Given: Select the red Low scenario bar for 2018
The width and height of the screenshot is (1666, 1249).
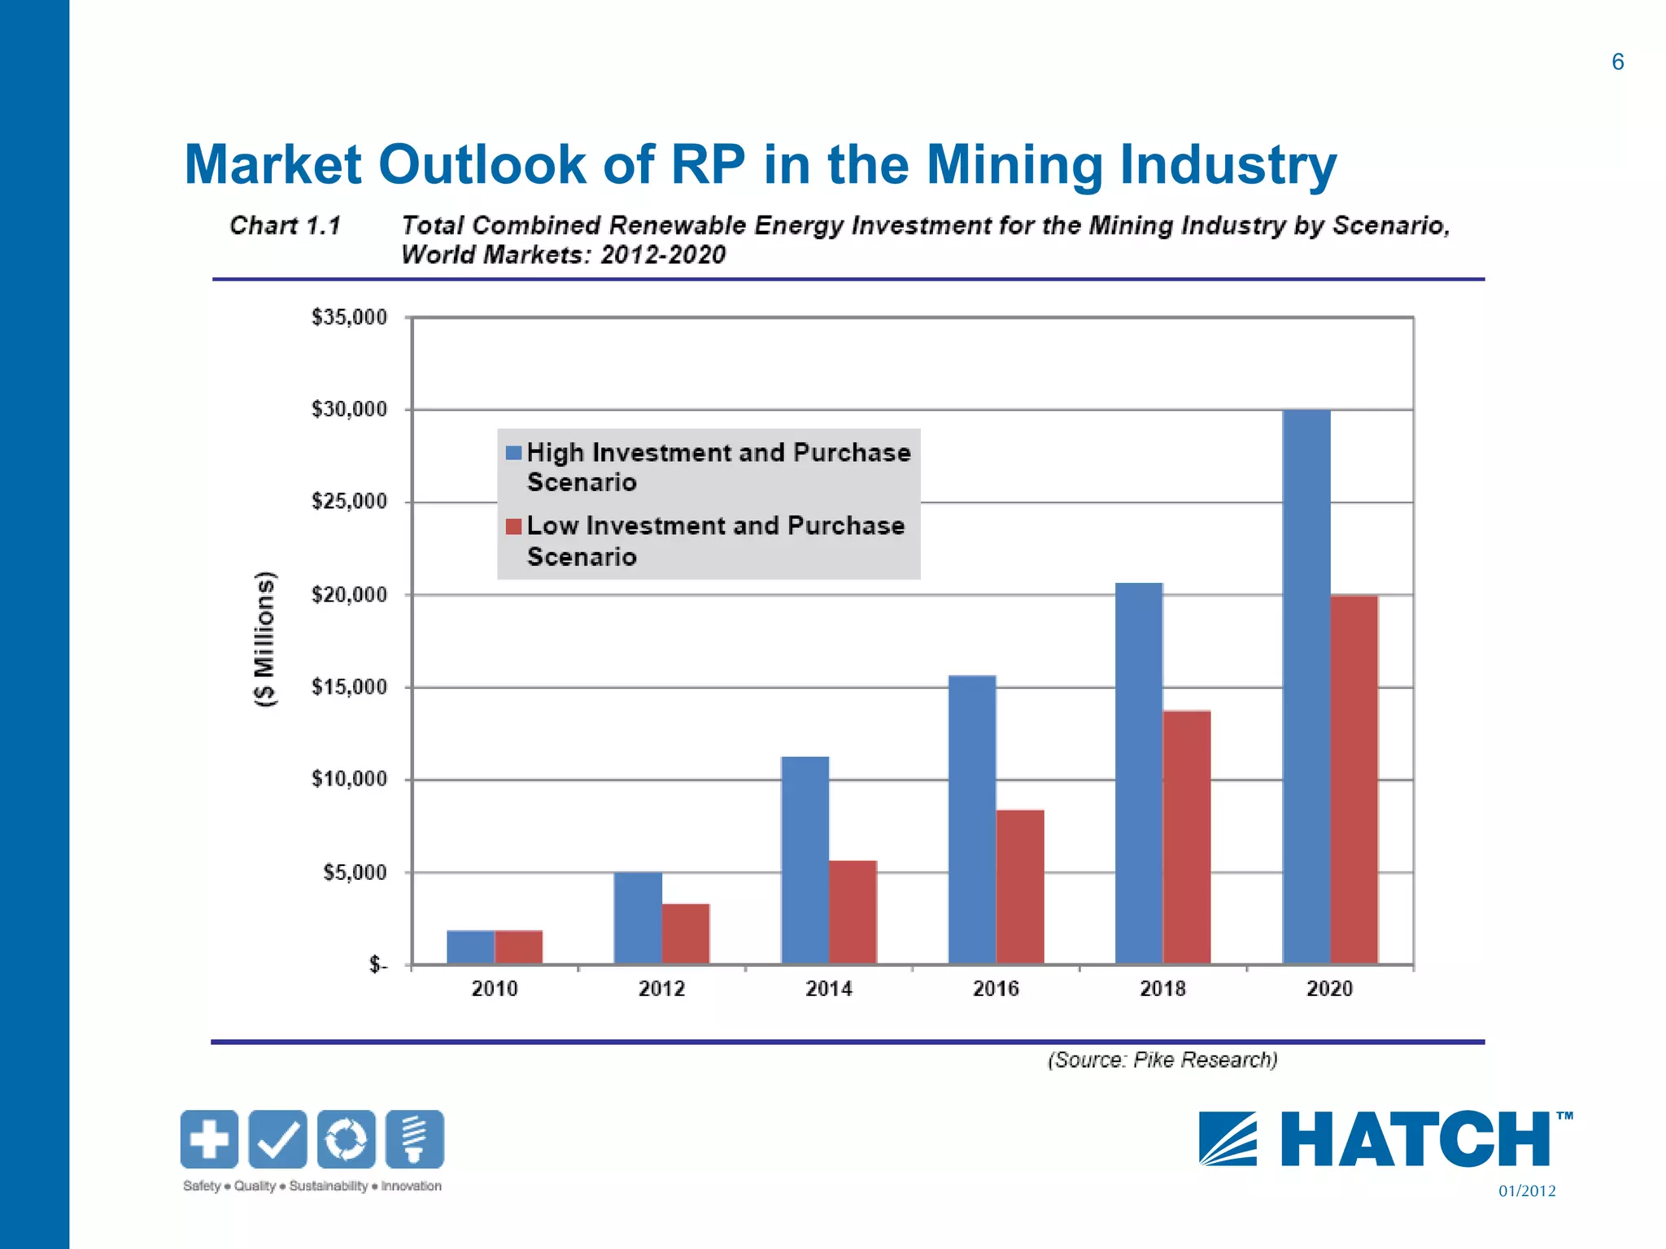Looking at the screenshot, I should (1187, 838).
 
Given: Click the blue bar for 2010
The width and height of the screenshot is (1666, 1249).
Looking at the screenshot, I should (470, 947).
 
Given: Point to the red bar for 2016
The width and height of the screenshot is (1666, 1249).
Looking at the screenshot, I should (1020, 886).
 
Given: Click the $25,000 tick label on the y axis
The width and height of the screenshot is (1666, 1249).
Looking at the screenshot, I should (349, 502).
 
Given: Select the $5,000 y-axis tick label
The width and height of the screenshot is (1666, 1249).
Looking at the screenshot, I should (355, 873).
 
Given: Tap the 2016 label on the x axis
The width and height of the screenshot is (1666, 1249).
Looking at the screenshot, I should (996, 989).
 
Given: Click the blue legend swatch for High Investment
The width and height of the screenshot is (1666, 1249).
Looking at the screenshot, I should (513, 453).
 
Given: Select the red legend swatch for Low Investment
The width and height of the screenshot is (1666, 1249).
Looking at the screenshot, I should (513, 527).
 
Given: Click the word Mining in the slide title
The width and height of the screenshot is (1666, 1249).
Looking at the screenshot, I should (1014, 165).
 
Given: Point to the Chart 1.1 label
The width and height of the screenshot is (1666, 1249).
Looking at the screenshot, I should (285, 225).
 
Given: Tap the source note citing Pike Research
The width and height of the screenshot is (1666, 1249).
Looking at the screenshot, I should (1162, 1060).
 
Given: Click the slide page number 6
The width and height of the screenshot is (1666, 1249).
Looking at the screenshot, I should (1617, 63).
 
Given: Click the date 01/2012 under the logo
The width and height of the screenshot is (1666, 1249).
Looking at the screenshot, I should (1527, 1191).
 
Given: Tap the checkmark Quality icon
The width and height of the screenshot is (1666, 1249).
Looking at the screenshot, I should (277, 1139).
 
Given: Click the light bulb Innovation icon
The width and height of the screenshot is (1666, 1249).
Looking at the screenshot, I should (415, 1139).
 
